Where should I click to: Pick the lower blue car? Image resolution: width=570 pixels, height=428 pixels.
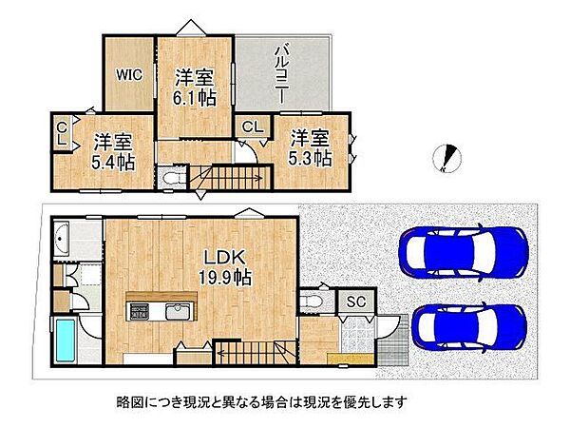tap(469, 326)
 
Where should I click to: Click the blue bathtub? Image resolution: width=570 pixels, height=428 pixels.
tap(66, 341)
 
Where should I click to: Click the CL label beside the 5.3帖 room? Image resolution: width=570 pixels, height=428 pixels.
tap(253, 126)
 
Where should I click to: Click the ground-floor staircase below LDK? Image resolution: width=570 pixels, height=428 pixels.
tap(248, 355)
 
